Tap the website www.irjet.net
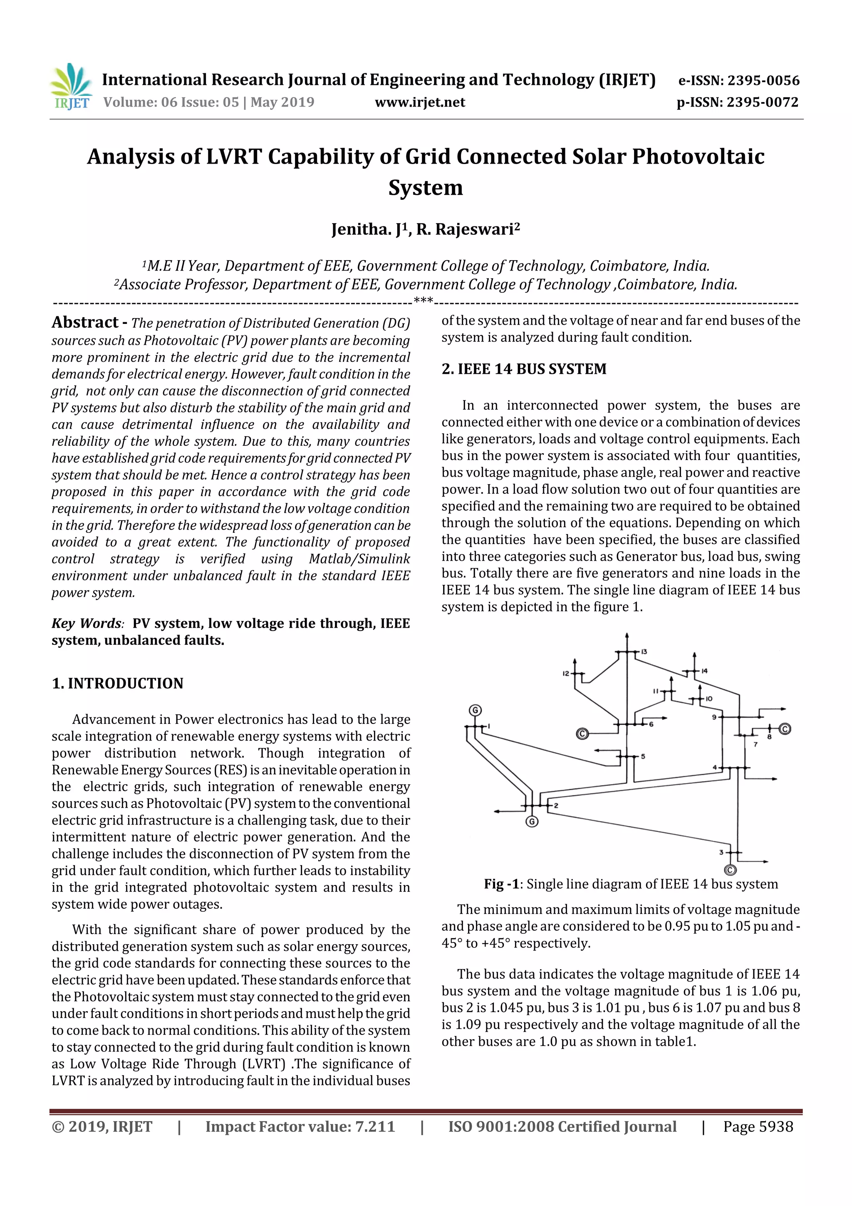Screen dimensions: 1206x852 [x=419, y=102]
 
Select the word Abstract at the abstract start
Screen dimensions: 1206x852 [x=85, y=322]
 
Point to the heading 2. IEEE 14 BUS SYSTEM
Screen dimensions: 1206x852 [x=523, y=369]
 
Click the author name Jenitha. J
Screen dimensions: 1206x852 [x=369, y=229]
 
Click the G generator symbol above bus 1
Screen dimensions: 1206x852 [x=475, y=711]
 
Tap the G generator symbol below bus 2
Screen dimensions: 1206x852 [x=532, y=821]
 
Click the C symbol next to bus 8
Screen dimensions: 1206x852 [x=784, y=729]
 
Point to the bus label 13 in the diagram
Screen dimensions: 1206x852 [x=644, y=652]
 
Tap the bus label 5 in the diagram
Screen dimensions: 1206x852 [x=643, y=756]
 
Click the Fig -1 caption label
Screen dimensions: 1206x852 [x=501, y=884]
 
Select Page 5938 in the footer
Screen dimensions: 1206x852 [x=758, y=1126]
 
